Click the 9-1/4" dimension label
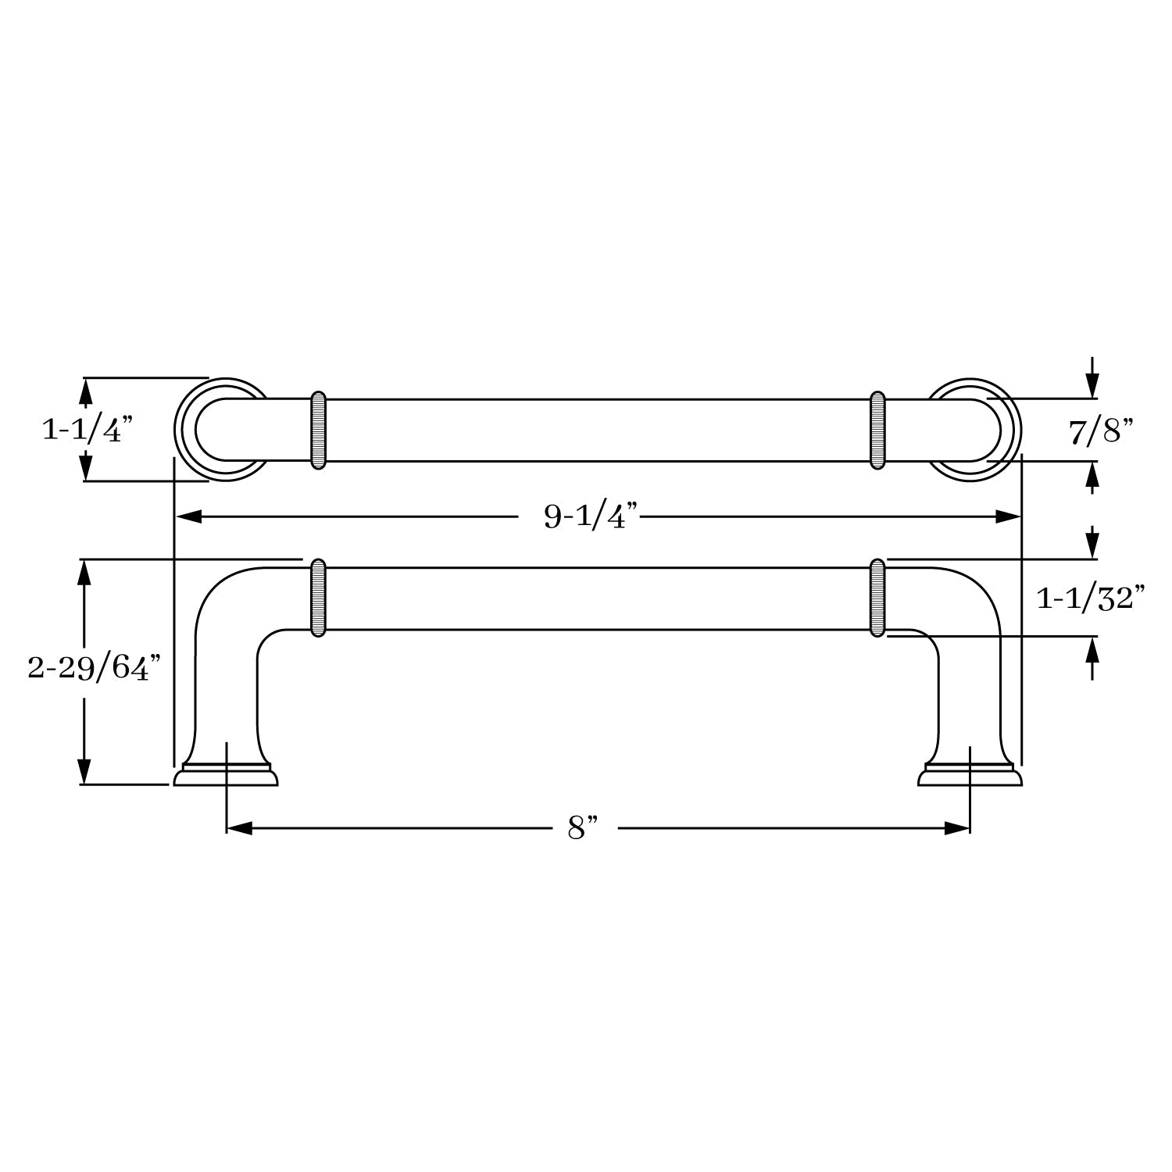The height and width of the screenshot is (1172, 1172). (x=591, y=516)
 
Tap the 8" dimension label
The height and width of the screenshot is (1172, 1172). (x=582, y=827)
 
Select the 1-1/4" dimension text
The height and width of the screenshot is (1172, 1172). (x=88, y=429)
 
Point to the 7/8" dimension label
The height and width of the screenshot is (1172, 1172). (x=1101, y=431)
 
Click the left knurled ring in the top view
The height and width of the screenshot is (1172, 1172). (x=318, y=430)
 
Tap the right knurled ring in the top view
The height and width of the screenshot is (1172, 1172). (x=877, y=430)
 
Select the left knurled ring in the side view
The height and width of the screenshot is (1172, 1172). (x=318, y=598)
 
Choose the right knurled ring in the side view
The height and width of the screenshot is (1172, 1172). (x=877, y=598)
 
